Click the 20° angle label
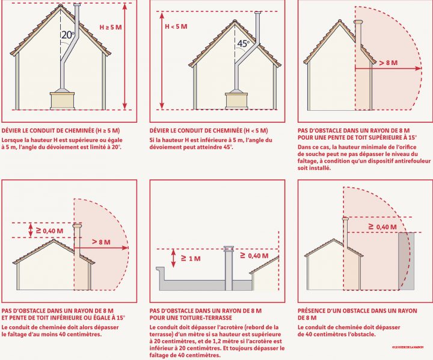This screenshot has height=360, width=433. [x=67, y=36]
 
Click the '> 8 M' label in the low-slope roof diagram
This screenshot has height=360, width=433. [x=101, y=241]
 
